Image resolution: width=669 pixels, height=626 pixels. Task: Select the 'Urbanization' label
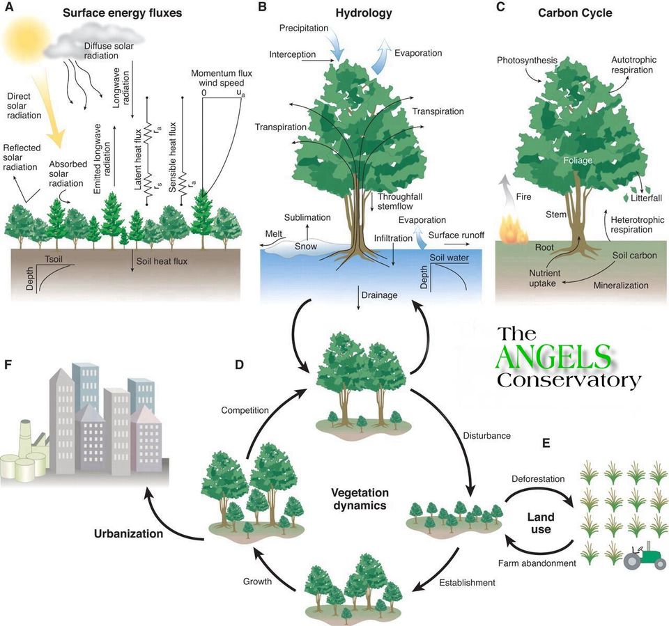click(x=128, y=533)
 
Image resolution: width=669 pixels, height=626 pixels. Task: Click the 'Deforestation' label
click(x=538, y=479)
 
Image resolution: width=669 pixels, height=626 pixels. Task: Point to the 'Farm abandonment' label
click(x=537, y=563)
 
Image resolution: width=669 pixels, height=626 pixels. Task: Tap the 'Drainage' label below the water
click(x=379, y=295)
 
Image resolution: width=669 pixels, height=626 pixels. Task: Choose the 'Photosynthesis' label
click(x=527, y=61)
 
